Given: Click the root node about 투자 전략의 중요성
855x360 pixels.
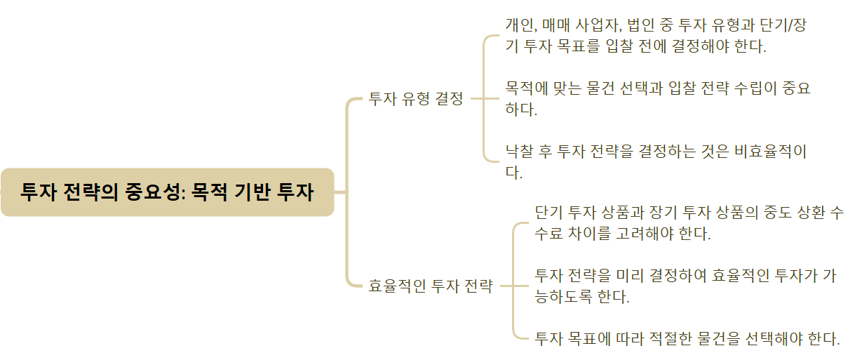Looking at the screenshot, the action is tap(167, 192).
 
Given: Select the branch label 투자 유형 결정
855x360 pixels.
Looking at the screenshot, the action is tap(416, 99).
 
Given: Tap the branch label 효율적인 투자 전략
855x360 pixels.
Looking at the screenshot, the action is tap(431, 286).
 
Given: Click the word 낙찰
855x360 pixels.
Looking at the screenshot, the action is tap(520, 151).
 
